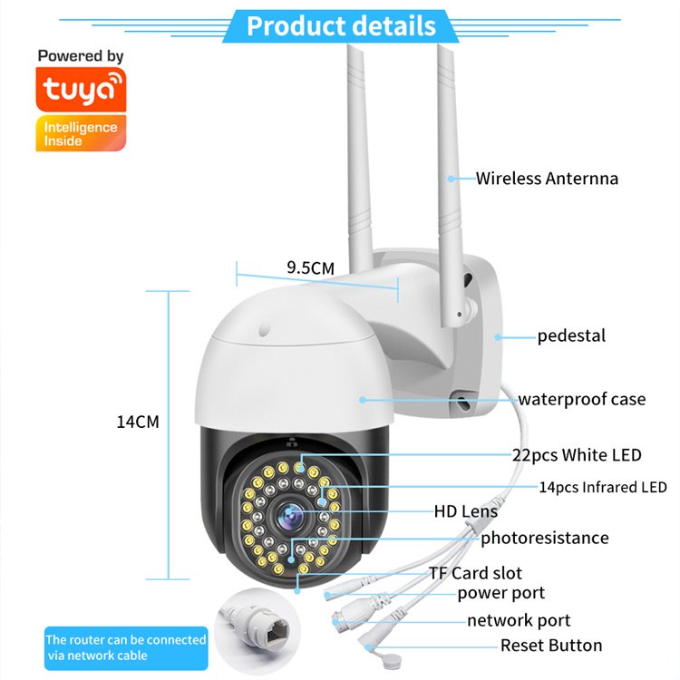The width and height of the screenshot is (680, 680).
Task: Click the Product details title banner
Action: (340, 24)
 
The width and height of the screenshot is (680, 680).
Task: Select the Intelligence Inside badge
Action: (81, 132)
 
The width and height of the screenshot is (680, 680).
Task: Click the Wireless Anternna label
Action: (547, 179)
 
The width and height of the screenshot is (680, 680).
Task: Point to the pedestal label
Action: (571, 335)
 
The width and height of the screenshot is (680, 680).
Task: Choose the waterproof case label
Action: (581, 399)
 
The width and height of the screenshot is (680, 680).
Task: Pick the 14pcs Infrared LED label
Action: (602, 487)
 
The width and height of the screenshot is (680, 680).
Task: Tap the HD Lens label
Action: (465, 511)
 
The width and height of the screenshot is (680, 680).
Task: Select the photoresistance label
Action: (544, 538)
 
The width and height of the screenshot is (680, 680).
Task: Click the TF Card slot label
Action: (475, 573)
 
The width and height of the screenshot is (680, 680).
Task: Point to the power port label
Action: (500, 593)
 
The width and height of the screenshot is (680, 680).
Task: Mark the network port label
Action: (519, 621)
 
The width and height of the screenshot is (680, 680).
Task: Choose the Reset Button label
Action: (551, 646)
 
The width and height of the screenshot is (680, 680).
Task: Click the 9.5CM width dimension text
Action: (310, 267)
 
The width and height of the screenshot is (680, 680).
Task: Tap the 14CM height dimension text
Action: (137, 422)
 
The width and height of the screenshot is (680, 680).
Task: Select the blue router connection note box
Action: (126, 647)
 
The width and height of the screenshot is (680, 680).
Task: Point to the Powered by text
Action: (81, 56)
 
